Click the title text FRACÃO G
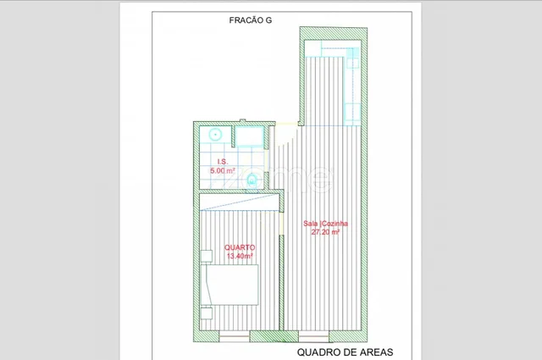coord(251,20)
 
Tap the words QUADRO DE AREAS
coord(345,352)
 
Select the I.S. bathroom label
coord(223,162)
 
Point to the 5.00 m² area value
coord(223,170)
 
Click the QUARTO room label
coord(240,247)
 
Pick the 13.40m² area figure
coord(240,256)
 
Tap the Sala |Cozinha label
coord(325,224)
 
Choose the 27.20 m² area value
coord(325,232)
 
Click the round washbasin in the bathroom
coord(215,134)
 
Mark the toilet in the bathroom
coord(252,180)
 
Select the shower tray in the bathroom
coord(250,136)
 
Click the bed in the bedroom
coord(230,285)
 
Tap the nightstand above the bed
coord(207,257)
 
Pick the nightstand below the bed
coord(207,313)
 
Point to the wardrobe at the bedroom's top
coord(239,202)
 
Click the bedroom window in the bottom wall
coord(235,336)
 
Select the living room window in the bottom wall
coord(313,336)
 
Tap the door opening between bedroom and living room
coord(281,223)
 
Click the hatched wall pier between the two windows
coord(274,336)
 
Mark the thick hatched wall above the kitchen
coord(333,34)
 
